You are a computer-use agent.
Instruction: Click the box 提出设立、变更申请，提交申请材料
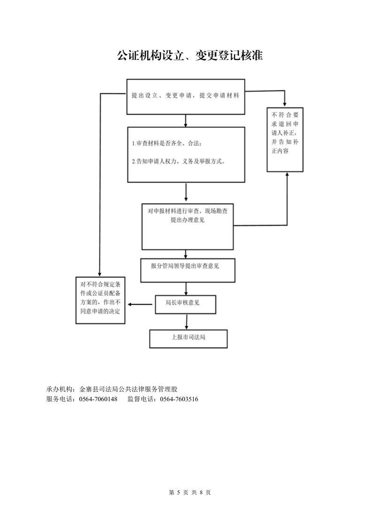point(186,96)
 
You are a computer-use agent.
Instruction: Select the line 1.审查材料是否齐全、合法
point(169,143)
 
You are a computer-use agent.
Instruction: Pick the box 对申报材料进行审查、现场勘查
point(188,226)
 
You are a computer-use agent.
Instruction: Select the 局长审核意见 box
point(185,304)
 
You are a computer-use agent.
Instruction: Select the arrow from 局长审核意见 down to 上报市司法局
point(187,321)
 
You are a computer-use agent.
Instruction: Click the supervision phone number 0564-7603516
point(179,399)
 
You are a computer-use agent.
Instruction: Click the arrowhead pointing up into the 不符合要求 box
point(287,175)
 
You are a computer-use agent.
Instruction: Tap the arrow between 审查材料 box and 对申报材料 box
point(186,192)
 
